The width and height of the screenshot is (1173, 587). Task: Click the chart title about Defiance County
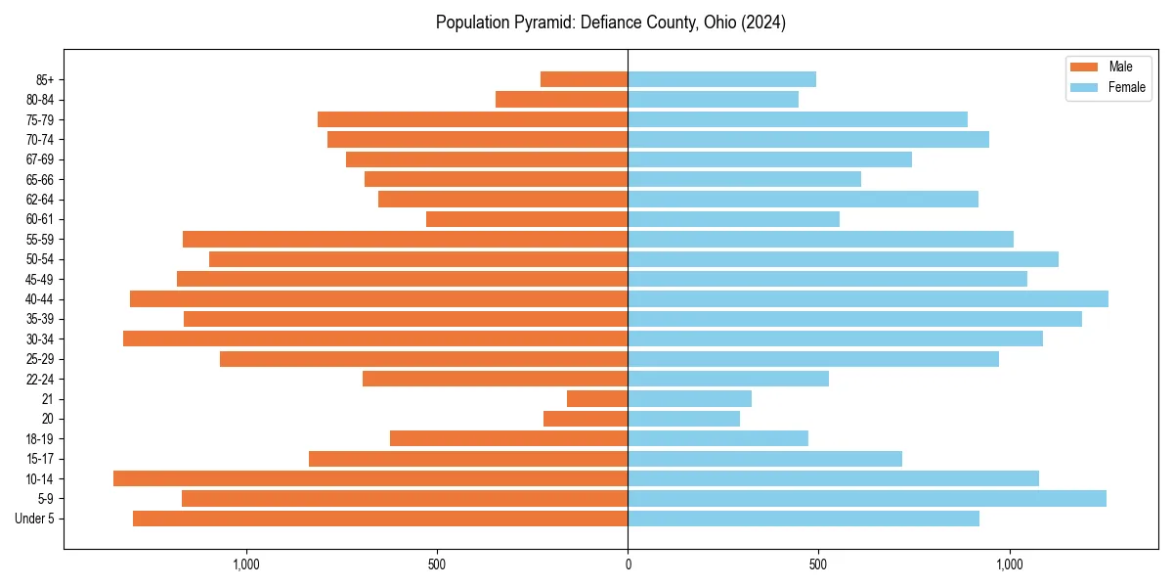[x=610, y=23]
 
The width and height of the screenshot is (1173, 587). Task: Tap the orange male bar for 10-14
[x=370, y=478]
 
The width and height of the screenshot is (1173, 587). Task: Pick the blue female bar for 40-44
[x=868, y=298]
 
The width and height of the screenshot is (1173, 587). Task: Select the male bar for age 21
[x=597, y=398]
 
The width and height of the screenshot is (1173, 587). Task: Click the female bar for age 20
[x=683, y=419]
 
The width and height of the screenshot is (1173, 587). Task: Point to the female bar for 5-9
[x=867, y=498]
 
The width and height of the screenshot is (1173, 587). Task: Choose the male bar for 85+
[x=584, y=79]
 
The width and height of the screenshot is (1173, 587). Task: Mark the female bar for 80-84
[x=713, y=99]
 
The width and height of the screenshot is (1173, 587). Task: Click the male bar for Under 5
[x=380, y=519]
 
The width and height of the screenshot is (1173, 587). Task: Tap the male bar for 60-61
[x=527, y=219]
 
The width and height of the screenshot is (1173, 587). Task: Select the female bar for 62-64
[x=803, y=199]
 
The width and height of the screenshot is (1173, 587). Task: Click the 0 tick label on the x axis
[x=628, y=564]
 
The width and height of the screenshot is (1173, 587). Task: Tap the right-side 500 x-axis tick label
[x=819, y=564]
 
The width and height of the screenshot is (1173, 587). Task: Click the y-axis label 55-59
[x=40, y=240]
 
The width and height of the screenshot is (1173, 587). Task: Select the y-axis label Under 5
[x=35, y=519]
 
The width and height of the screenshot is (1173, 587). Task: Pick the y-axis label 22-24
[x=40, y=379]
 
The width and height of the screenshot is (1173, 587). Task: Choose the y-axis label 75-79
[x=40, y=120]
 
